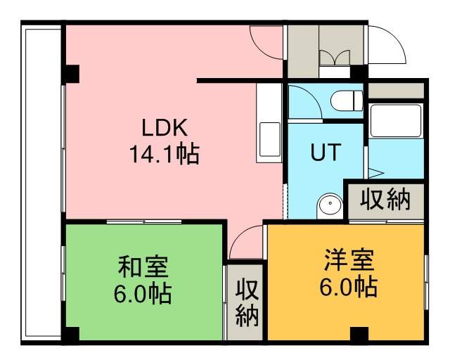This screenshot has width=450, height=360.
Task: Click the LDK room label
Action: pos(165,127)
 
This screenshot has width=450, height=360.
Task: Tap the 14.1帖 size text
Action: pos(165,154)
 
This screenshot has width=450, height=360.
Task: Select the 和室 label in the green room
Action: pos(143,267)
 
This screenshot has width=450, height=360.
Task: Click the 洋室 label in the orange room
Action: pos(349,260)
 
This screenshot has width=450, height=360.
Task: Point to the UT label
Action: pos(326,152)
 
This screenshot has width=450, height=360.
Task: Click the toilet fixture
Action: pos(347,101)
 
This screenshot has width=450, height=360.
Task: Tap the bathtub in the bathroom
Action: pos(396,120)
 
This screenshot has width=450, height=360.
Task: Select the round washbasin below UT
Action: pos(330,204)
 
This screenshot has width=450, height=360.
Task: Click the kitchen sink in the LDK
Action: pos(270,139)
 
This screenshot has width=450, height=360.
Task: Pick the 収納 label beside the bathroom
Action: pos(385,200)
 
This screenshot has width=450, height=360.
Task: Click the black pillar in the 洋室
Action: pos(359,334)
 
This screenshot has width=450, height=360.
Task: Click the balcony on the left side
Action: pos(42,183)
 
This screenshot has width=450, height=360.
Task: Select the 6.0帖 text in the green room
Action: pos(143,293)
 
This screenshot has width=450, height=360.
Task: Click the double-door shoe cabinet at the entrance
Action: pos(335,58)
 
